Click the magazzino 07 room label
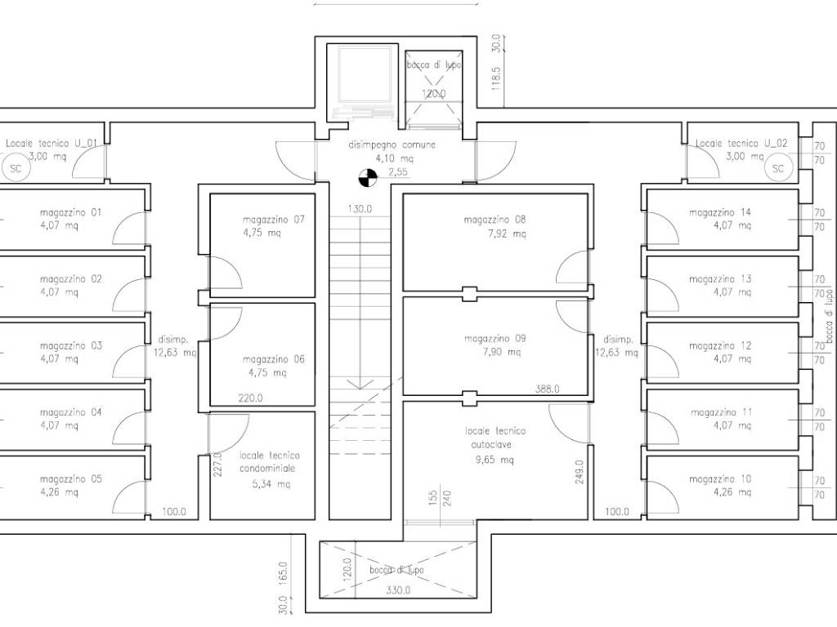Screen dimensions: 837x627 point(273,220)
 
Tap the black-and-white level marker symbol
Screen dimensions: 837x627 point(368,178)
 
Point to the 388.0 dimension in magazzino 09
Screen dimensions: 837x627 point(547,389)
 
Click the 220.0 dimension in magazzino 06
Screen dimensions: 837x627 point(250,398)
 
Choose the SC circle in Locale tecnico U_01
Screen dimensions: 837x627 point(16,168)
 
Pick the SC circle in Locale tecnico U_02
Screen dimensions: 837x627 point(778,168)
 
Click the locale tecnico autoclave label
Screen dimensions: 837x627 point(495,438)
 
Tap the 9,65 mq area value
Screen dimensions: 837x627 point(495,460)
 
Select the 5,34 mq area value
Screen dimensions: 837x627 point(271,484)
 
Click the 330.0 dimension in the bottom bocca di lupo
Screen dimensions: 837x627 point(398,590)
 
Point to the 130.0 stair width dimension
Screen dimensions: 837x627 point(360,209)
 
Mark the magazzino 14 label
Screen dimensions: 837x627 point(720,212)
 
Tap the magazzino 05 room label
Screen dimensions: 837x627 point(70,478)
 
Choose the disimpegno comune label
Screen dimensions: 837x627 point(392,145)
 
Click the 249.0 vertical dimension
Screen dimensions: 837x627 point(580,472)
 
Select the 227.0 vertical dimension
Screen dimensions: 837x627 point(217,464)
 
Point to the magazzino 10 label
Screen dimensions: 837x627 point(720,478)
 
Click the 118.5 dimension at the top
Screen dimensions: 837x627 point(496,78)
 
